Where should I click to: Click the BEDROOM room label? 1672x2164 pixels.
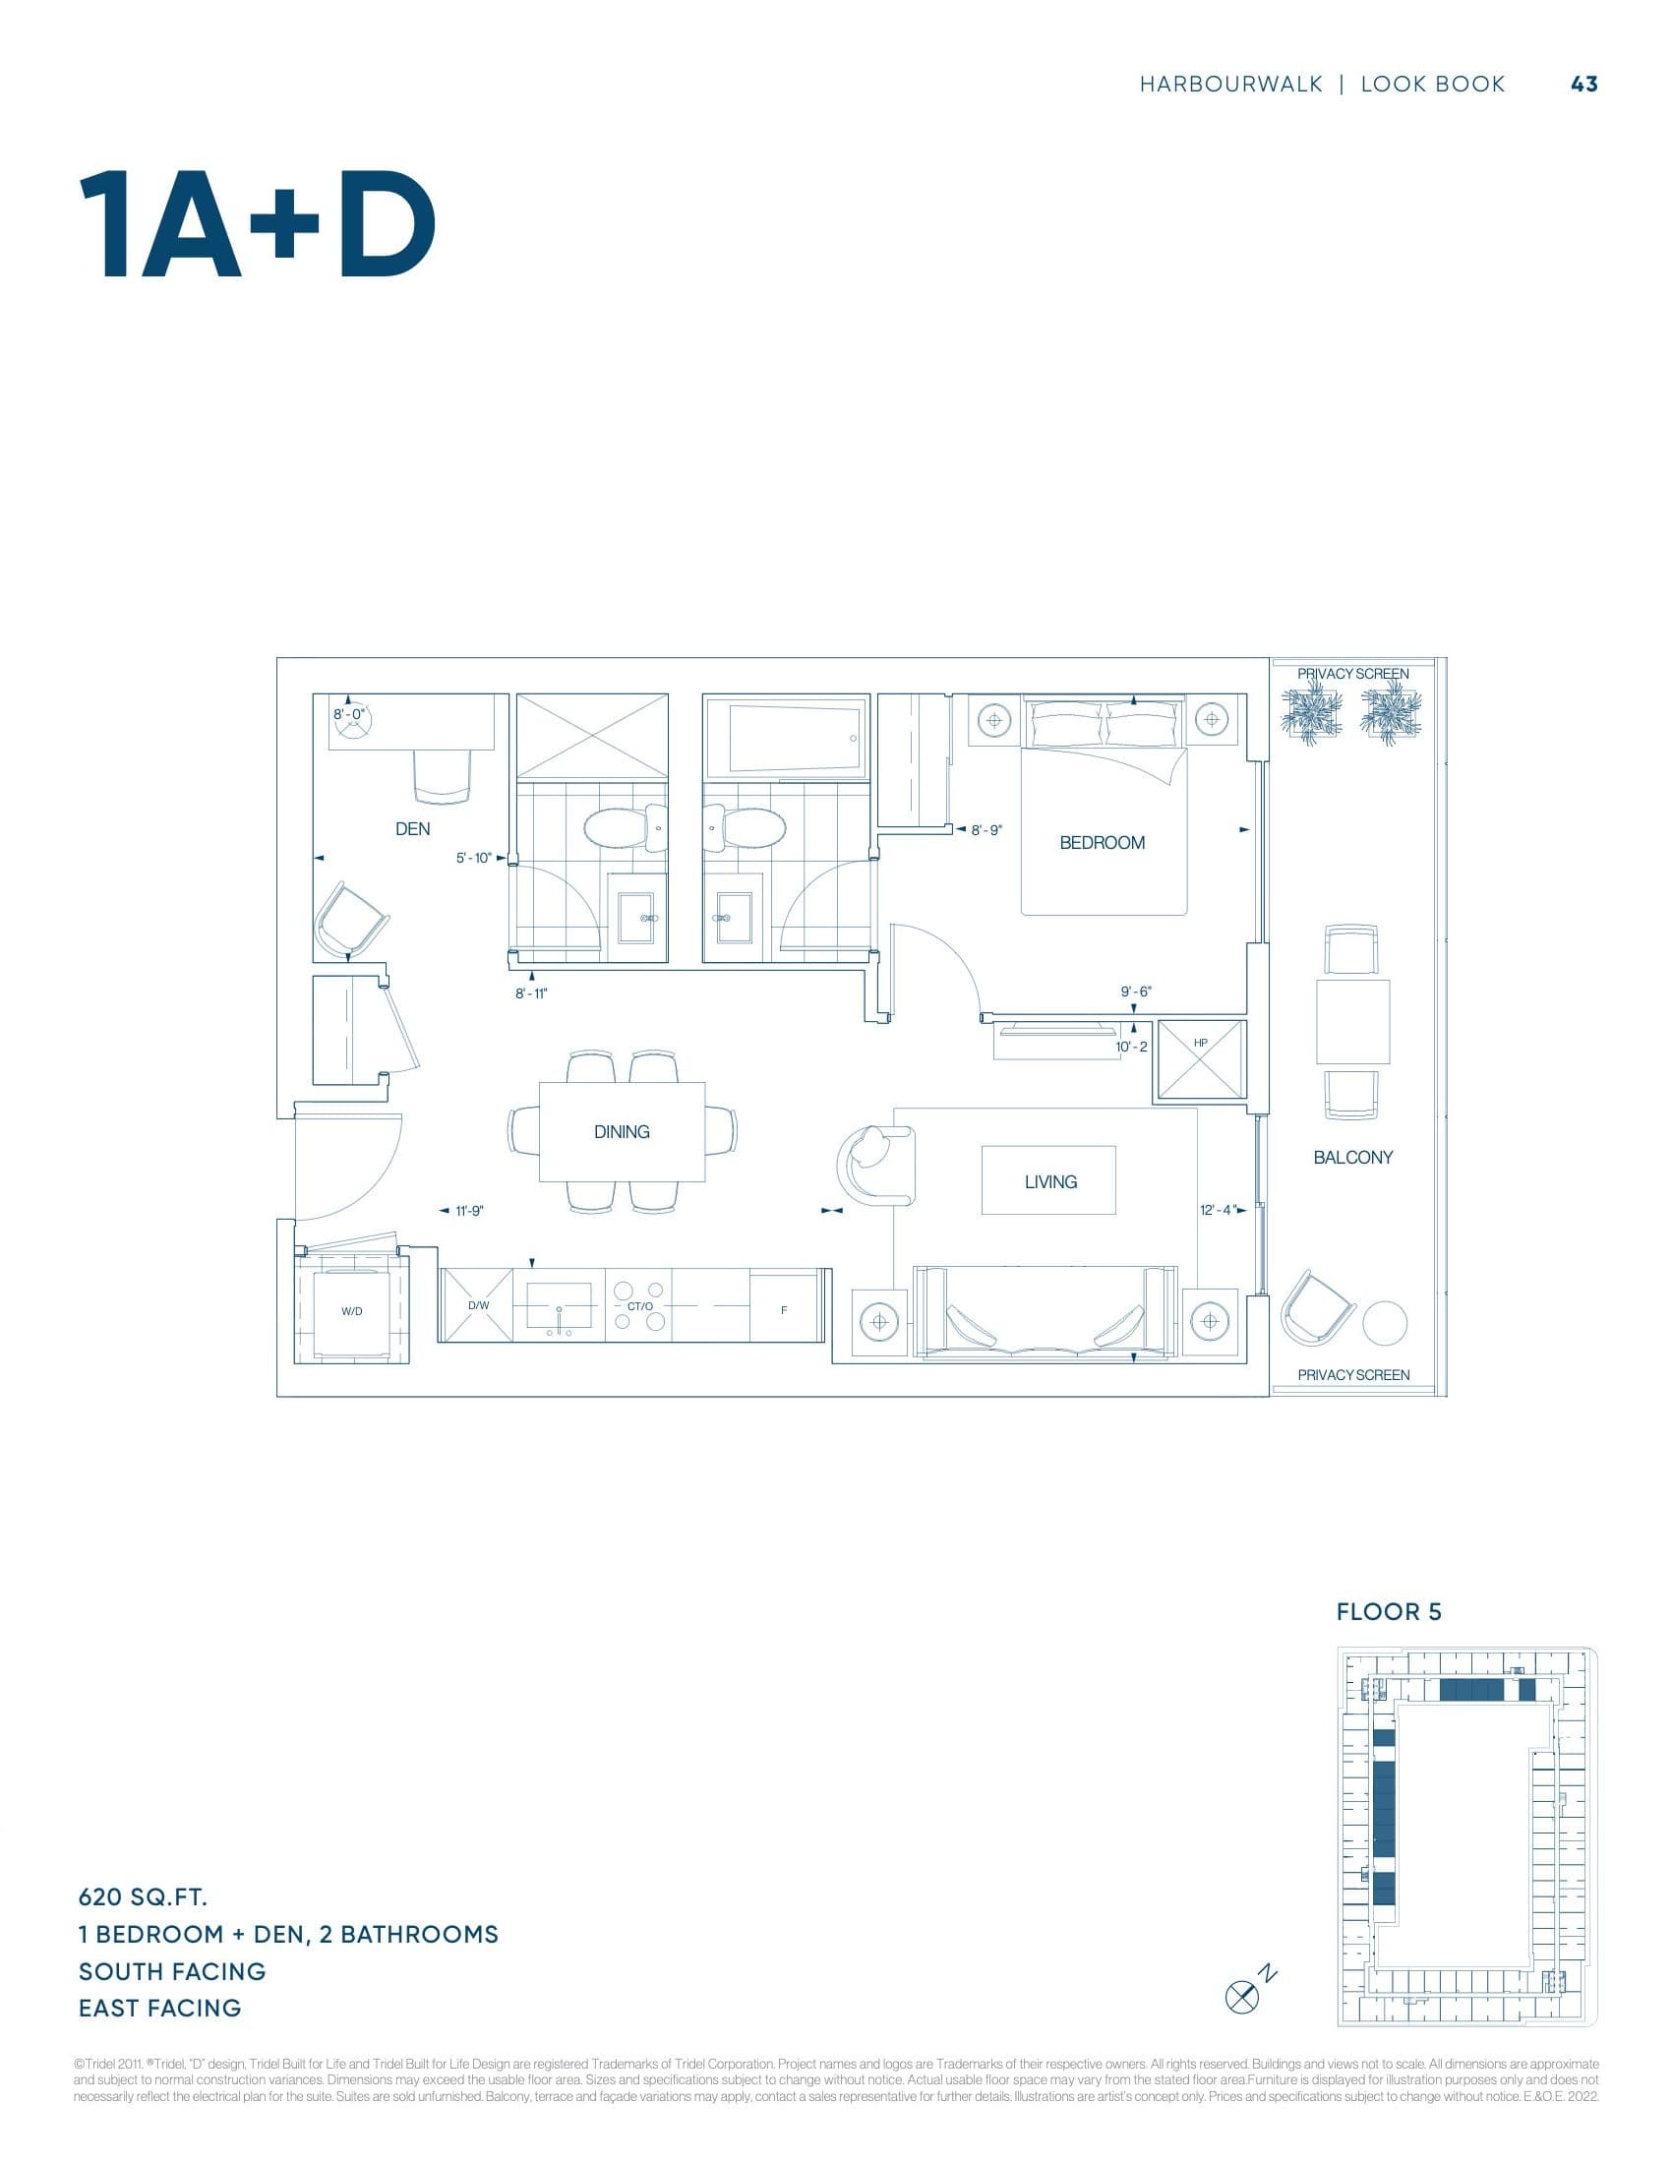tap(1102, 843)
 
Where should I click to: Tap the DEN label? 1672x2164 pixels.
tap(412, 828)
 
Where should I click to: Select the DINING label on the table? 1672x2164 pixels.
tap(621, 1131)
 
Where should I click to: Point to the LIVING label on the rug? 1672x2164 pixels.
tap(1050, 1181)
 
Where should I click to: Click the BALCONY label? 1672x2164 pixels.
tap(1352, 1158)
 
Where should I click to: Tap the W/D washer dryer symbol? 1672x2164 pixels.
tap(352, 1312)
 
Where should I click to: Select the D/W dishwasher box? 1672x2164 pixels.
tap(477, 1306)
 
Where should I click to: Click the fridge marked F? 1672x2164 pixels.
tap(785, 1310)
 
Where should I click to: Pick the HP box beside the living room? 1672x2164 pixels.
tap(1201, 1060)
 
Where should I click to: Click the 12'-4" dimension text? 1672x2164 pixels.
tap(1219, 1210)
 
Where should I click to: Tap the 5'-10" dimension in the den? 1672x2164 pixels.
tap(473, 858)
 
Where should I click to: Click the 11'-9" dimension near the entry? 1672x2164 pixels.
tap(468, 1211)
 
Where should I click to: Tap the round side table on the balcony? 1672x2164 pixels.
tap(1385, 1322)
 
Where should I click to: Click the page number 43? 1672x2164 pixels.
tap(1583, 85)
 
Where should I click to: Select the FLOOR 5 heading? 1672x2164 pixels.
tap(1388, 1612)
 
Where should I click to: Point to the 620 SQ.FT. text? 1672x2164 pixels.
tap(143, 1896)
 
